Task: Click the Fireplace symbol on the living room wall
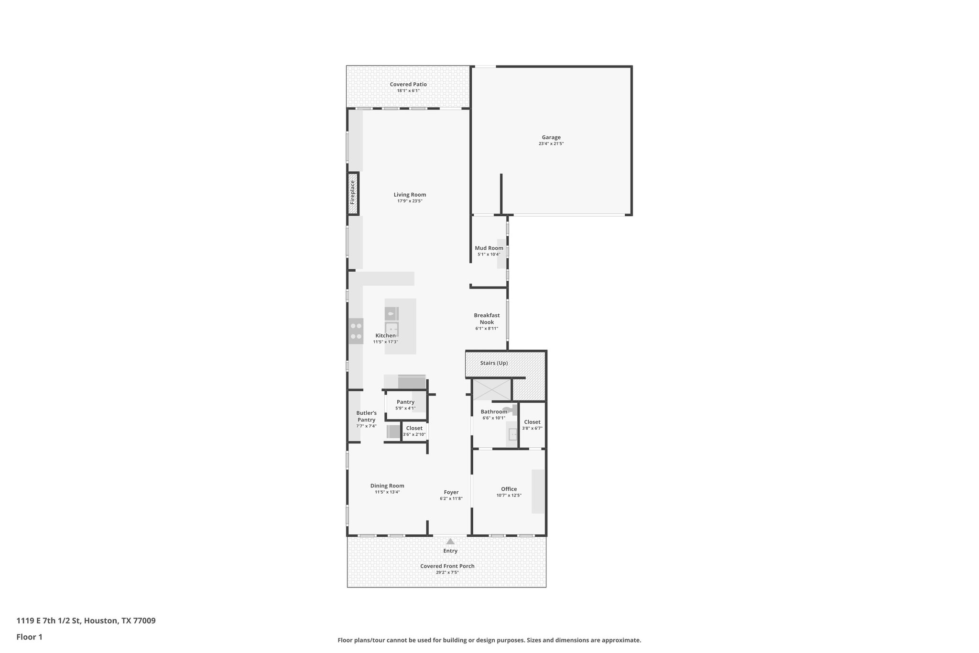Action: coord(353,193)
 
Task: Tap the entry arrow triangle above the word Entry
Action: coord(450,542)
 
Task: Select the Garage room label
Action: coord(551,137)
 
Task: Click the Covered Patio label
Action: coord(408,84)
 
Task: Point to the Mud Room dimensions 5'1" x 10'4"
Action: coord(489,255)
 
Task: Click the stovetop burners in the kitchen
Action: coord(356,331)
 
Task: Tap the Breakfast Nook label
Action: coord(487,319)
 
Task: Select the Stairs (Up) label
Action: coord(494,363)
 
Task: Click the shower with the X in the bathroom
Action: coord(491,389)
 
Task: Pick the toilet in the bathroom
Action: coord(512,410)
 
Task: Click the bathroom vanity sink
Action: coord(512,434)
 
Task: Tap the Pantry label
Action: coord(405,402)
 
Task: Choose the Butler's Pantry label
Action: coord(366,416)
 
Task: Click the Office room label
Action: coord(509,489)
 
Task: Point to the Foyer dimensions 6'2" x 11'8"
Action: coord(451,498)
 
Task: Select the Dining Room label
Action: coord(387,486)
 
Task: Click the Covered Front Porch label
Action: coord(447,566)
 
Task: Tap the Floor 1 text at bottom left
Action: coord(29,637)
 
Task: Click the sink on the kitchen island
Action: coord(392,329)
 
